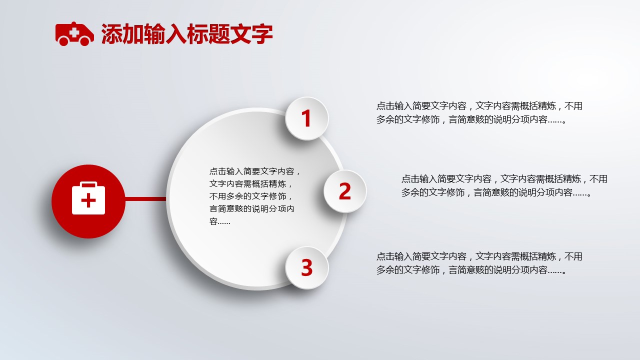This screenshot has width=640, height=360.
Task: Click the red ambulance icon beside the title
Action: click(x=74, y=33)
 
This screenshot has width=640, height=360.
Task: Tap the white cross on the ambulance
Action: click(x=74, y=32)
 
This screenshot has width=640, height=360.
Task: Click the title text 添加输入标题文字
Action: click(x=187, y=34)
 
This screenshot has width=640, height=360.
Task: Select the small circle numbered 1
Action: click(x=307, y=118)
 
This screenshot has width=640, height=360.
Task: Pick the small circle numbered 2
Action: click(x=345, y=191)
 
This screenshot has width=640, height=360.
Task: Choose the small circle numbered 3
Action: click(x=307, y=267)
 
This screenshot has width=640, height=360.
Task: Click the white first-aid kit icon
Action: click(x=88, y=198)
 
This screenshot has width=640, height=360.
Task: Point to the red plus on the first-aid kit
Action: click(x=88, y=200)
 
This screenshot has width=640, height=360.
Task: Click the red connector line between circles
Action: click(x=145, y=198)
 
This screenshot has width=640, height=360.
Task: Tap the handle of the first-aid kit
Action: click(x=88, y=184)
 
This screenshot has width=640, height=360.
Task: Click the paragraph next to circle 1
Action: click(x=479, y=112)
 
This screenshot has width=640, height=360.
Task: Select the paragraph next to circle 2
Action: click(x=504, y=185)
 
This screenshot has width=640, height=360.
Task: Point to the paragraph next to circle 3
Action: click(x=479, y=263)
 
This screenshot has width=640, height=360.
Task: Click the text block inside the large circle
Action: click(x=254, y=196)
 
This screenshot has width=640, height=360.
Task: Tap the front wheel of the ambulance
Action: click(x=85, y=41)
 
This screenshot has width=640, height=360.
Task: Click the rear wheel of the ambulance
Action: click(x=63, y=41)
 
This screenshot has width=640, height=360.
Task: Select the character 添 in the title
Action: click(x=111, y=34)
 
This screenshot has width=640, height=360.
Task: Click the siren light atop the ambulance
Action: click(x=73, y=23)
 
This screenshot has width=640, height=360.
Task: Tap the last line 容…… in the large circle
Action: click(x=219, y=221)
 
